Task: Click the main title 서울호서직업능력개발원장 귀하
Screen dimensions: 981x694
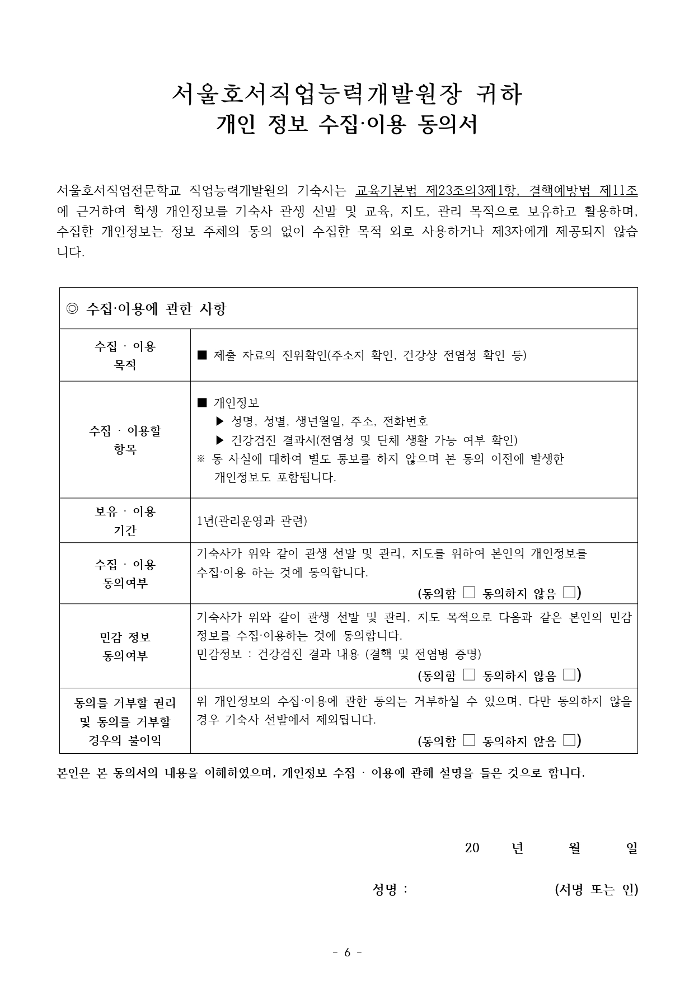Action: coord(347,95)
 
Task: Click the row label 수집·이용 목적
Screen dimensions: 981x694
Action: coord(125,355)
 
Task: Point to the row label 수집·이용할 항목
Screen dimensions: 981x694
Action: coord(125,440)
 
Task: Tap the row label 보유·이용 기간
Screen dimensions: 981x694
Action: coord(125,520)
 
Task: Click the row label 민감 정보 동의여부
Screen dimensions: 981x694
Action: coord(125,646)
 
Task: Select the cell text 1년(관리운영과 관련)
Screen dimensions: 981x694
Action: coord(252,521)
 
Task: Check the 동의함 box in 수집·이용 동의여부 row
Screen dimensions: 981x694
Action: coord(469,592)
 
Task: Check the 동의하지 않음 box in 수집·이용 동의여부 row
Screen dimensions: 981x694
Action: coord(569,592)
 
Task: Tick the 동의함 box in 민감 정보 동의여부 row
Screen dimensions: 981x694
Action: coord(469,675)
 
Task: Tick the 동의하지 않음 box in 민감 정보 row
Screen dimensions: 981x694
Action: coord(569,675)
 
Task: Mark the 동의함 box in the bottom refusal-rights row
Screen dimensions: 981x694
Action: coord(469,740)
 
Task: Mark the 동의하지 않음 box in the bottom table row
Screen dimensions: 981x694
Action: coord(569,740)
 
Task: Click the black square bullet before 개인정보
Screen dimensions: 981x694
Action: coord(202,402)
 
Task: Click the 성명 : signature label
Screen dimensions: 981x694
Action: coord(390,889)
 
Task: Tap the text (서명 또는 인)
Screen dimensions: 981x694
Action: coord(596,889)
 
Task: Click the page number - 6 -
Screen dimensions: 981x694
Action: coord(347,952)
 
